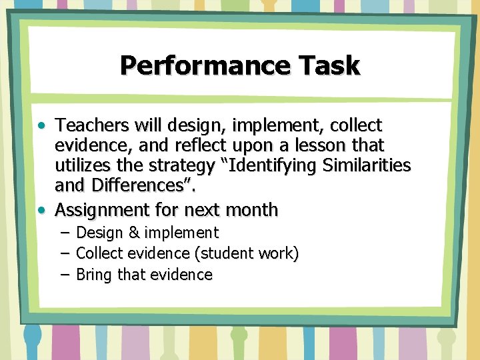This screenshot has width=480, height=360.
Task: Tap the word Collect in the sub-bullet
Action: point(100,253)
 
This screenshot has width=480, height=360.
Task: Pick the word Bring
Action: point(95,275)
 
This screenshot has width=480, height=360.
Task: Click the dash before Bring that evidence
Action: point(64,275)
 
